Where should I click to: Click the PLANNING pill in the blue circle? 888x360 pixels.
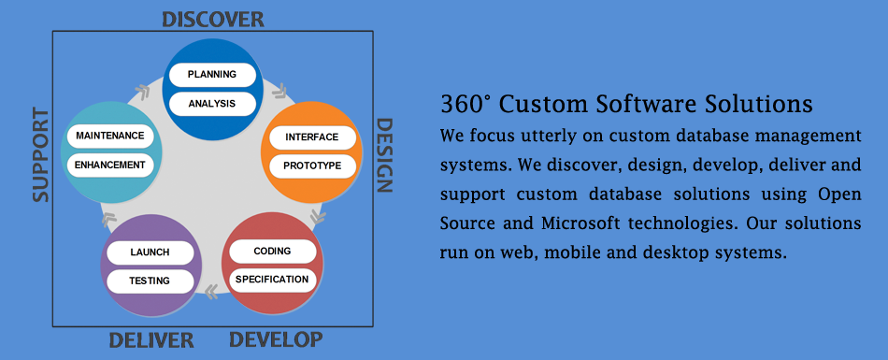coord(212,74)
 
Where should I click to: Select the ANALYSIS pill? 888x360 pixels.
coord(212,104)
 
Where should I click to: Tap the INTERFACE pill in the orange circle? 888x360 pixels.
coord(312,137)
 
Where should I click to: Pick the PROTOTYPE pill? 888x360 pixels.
coord(312,166)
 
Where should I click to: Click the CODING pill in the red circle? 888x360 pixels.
coord(272,252)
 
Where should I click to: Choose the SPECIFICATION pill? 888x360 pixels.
coord(272,280)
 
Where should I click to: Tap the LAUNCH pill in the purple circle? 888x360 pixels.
coord(150,252)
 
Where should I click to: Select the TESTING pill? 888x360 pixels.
coord(150,281)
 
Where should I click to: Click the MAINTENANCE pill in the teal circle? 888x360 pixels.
coord(110,137)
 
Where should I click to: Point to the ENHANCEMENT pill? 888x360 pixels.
coord(110,165)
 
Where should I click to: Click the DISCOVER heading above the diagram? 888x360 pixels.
coord(213,20)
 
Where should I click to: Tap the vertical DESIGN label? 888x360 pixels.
coord(384,155)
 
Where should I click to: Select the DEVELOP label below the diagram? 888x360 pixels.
coord(276,339)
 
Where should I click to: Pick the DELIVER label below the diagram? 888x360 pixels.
coord(151,340)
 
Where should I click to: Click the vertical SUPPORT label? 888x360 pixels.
coord(40,155)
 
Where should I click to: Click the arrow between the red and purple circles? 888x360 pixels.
coord(211,292)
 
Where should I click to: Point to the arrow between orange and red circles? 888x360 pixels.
coord(318,216)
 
